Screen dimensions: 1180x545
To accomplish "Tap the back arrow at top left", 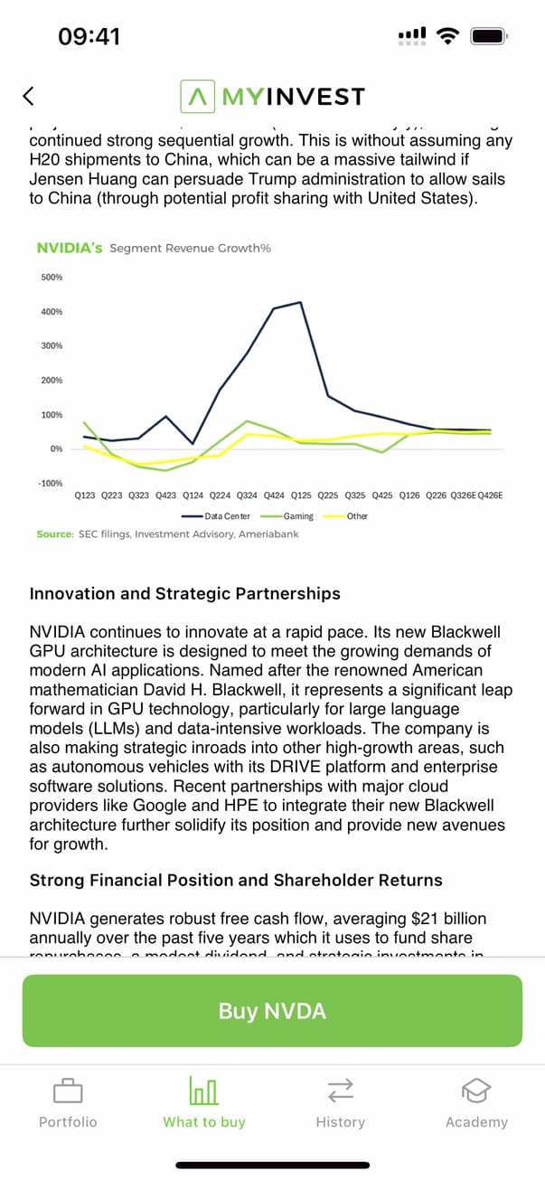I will coord(29,96).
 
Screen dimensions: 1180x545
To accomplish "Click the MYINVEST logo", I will coord(272,96).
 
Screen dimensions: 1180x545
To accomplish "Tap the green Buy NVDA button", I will coord(272,1010).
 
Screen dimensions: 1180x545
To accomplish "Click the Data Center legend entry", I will coord(227,516).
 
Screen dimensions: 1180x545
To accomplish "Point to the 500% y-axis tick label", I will coord(51,277).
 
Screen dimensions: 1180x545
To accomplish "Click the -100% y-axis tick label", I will coord(51,483).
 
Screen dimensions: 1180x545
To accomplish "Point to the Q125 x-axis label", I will coord(301,496).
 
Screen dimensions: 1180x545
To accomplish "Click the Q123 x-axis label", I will coord(85,496).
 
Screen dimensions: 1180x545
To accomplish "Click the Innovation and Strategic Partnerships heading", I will coord(184,594).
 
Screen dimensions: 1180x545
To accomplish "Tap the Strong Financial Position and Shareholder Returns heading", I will coord(236,880).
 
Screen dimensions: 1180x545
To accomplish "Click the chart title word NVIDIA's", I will coord(70,247).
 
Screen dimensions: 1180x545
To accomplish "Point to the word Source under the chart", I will coord(54,534).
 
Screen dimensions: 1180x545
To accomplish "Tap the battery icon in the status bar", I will coord(488,36).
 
